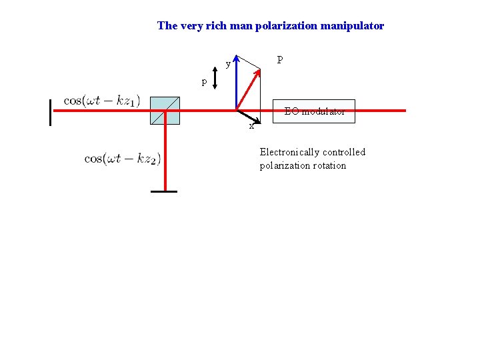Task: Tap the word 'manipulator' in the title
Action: (x=353, y=26)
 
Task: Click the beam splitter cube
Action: (x=165, y=111)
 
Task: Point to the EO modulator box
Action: (x=315, y=111)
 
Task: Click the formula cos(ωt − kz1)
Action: (x=102, y=101)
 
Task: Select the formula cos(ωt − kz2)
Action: (x=123, y=159)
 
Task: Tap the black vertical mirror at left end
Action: (x=50, y=112)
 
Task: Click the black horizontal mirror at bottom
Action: (x=164, y=192)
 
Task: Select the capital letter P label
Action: (x=280, y=61)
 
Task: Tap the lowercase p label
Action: (x=205, y=82)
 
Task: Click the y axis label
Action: (x=228, y=65)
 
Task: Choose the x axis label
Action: (x=251, y=126)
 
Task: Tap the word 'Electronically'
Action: (x=290, y=152)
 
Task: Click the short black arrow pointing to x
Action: (x=244, y=117)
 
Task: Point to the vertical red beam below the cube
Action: (x=165, y=157)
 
